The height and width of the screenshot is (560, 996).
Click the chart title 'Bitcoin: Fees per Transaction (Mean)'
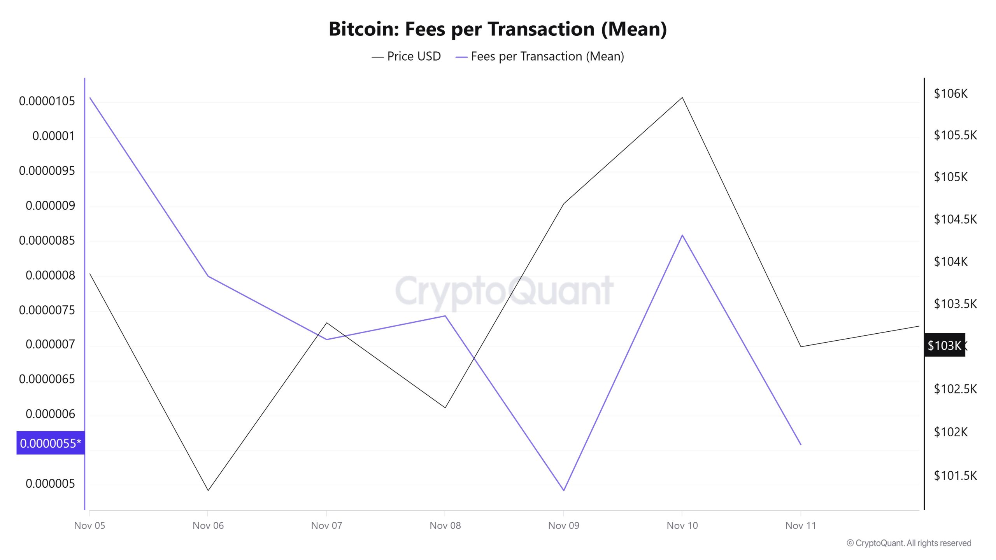click(x=498, y=29)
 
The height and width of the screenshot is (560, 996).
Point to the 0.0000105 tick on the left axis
click(x=47, y=101)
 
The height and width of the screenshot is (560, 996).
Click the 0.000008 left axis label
click(x=50, y=275)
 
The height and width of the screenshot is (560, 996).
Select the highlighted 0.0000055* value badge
click(x=51, y=443)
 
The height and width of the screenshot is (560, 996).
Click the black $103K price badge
click(x=944, y=345)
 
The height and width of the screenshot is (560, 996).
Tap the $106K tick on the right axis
click(x=950, y=93)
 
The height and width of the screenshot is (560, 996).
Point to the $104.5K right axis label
click(x=955, y=219)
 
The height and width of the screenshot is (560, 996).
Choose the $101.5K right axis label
click(x=955, y=475)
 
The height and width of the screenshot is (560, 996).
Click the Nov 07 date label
click(x=326, y=525)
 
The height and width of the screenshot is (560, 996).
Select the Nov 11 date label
click(x=800, y=525)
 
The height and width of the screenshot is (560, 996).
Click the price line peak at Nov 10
click(x=682, y=97)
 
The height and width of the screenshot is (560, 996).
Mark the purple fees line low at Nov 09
click(x=564, y=490)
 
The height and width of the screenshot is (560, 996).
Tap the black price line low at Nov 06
click(x=208, y=490)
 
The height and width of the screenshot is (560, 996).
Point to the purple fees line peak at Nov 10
click(x=682, y=235)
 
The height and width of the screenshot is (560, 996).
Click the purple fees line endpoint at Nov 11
click(x=801, y=444)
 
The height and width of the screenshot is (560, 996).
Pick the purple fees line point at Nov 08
click(x=445, y=316)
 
